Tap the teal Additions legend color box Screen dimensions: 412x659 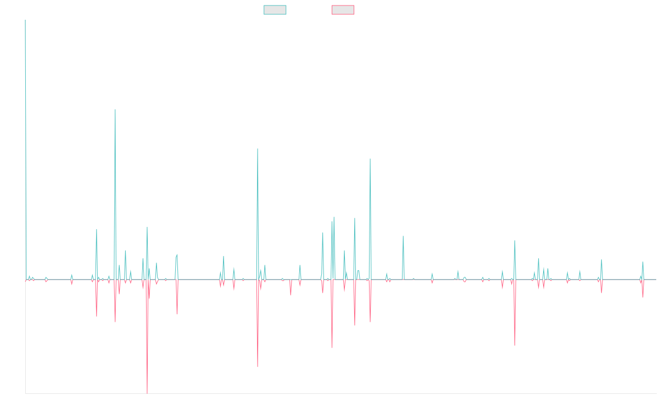(x=275, y=10)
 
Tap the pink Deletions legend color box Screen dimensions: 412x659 (x=343, y=10)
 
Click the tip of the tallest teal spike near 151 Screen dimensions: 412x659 (x=115, y=110)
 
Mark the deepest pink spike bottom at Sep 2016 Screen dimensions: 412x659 (x=147, y=393)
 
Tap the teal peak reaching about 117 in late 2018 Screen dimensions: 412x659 (x=258, y=149)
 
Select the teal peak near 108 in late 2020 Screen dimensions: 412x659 (x=370, y=159)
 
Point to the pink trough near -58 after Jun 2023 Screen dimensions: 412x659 (x=515, y=344)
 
